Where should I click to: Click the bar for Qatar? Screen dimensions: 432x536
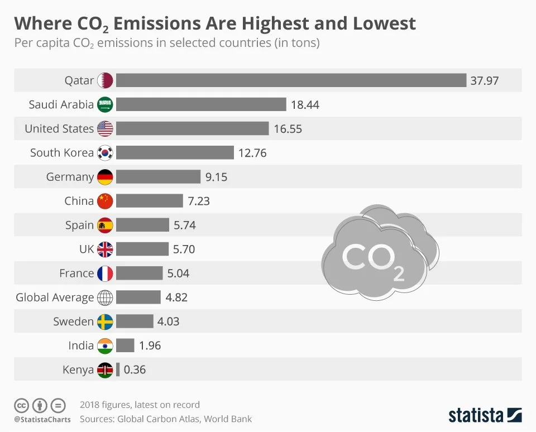(291, 80)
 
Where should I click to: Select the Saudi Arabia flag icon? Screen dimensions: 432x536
(105, 104)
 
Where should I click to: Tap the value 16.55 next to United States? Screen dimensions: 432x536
(288, 129)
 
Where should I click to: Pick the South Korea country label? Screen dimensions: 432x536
(62, 153)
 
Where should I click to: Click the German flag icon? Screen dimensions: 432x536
(105, 177)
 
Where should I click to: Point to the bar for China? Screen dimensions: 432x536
(150, 201)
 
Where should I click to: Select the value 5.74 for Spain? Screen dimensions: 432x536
(185, 225)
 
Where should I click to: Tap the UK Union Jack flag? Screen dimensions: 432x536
(105, 249)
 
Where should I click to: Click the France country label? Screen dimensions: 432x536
(76, 273)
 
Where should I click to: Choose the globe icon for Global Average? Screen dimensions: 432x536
(105, 297)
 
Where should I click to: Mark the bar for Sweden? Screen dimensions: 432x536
(135, 321)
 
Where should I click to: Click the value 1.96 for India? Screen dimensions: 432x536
(150, 345)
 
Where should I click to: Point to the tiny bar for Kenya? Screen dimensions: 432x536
(118, 369)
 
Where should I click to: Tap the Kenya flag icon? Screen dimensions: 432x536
(105, 369)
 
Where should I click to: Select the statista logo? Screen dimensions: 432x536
(485, 415)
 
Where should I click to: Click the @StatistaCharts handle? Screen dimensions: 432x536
(42, 419)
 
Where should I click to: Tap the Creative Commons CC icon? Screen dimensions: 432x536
(21, 405)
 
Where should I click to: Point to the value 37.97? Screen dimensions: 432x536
(484, 80)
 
